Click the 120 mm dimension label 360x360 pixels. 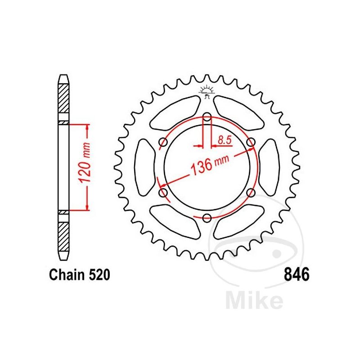point(84,162)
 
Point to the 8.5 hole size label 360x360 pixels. point(225,140)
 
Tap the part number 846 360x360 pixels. point(297,274)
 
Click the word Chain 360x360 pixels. point(67,274)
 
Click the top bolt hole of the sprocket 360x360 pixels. point(207,117)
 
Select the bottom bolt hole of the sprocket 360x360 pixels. point(207,218)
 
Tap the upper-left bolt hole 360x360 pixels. point(163,142)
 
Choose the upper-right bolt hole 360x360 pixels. point(251,142)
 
